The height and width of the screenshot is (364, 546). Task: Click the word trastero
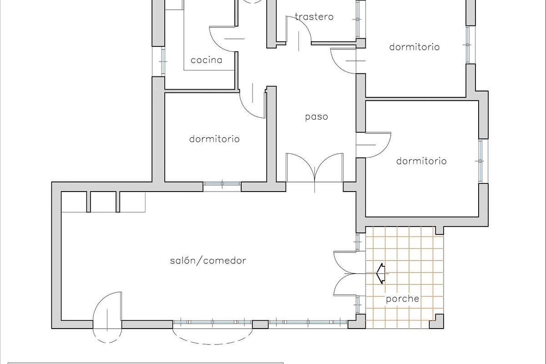tap(314, 17)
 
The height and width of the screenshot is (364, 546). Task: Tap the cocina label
tap(206, 60)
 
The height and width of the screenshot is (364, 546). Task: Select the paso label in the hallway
tap(316, 117)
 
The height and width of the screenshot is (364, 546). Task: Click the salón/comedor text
tap(208, 261)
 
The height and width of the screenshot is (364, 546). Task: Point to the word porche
tap(402, 299)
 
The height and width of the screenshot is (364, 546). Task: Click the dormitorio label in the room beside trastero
tap(414, 47)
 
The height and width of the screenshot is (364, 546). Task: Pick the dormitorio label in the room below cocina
tap(214, 139)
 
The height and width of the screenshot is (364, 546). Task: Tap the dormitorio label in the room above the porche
tap(421, 161)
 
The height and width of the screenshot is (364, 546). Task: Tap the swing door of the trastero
tap(298, 30)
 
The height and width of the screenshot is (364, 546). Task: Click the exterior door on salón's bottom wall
tap(107, 316)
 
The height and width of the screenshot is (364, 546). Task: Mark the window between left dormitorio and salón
tap(222, 184)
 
